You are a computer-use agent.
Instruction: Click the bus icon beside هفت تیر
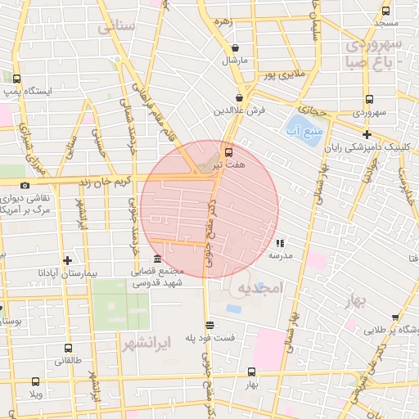228,151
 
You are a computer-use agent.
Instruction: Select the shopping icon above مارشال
236,47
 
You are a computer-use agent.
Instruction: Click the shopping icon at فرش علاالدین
240,97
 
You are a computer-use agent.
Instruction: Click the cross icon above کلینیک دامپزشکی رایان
367,135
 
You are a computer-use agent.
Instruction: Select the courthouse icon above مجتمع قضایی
157,258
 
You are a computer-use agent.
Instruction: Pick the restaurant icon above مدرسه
281,242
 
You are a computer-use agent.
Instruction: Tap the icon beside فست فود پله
209,324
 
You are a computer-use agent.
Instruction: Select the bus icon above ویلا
35,381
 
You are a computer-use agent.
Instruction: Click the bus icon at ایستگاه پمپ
16,79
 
